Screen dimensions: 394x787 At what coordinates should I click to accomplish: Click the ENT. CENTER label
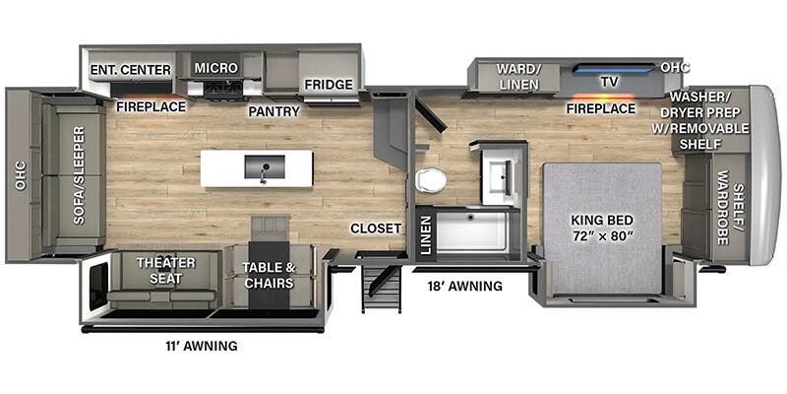point(131,69)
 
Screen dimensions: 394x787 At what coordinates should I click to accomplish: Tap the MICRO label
point(215,67)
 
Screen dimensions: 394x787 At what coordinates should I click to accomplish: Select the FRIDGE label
point(328,85)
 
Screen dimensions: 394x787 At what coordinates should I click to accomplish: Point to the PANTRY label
point(273,111)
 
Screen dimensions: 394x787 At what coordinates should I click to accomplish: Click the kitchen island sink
point(263,166)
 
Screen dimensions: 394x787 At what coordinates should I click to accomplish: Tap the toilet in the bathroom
point(430,180)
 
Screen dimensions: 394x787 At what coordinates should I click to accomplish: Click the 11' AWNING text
point(201,346)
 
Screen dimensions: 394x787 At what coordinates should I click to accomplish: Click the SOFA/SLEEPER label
point(79,174)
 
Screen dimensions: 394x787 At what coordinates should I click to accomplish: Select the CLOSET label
point(376,229)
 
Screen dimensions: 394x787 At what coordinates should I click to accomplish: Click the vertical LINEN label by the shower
point(425,237)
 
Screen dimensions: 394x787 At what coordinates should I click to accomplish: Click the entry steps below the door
point(382,288)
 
